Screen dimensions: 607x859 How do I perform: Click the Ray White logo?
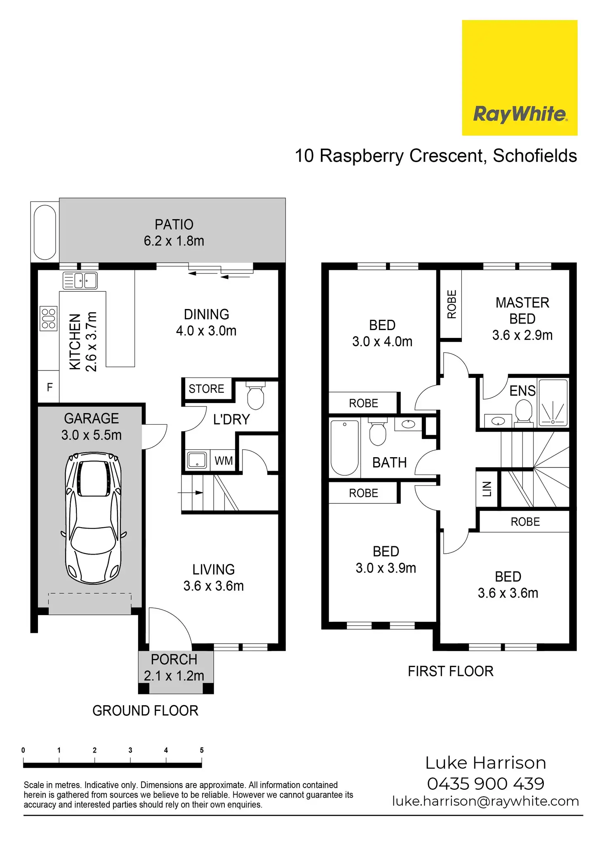click(519, 78)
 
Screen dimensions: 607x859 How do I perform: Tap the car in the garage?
click(93, 518)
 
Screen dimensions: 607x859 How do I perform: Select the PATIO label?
click(174, 224)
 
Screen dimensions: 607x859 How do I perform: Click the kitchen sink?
click(80, 281)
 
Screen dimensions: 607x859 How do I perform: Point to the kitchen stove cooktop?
click(48, 319)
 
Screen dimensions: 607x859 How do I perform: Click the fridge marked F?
click(49, 387)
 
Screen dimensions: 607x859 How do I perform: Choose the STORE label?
click(206, 389)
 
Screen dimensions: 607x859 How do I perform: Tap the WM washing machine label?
click(224, 460)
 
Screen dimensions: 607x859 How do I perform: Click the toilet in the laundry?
click(256, 396)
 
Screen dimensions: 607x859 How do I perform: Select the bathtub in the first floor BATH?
click(344, 448)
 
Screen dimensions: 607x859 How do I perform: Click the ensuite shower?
click(553, 403)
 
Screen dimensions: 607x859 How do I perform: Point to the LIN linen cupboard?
click(487, 489)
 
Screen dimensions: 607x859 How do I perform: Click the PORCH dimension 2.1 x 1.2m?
click(174, 676)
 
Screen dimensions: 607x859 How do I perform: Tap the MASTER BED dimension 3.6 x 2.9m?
click(522, 335)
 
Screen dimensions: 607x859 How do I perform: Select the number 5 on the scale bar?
click(202, 750)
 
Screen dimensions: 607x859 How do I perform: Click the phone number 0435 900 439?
click(485, 783)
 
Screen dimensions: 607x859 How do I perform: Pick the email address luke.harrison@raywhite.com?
click(485, 801)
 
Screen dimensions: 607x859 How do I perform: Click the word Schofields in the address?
click(535, 156)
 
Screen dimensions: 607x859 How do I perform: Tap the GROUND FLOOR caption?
click(145, 710)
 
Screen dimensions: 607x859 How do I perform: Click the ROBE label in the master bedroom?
click(452, 304)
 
